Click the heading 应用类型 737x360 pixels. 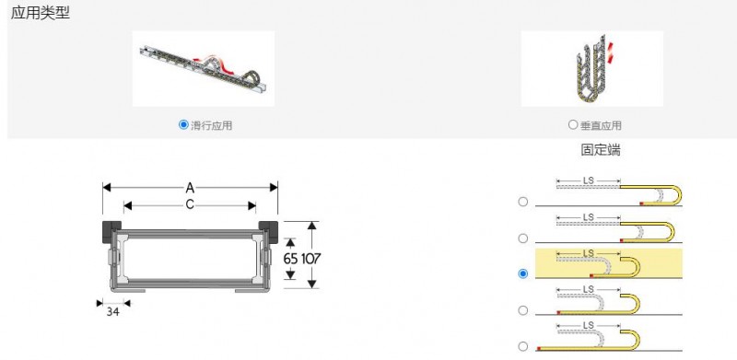[40, 13]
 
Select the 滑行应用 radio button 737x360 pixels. [183, 124]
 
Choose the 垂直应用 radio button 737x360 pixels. [572, 124]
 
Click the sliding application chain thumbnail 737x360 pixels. [204, 69]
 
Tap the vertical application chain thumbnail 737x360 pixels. [591, 69]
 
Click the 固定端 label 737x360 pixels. [601, 150]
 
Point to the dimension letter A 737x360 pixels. [190, 188]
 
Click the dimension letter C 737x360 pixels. [190, 205]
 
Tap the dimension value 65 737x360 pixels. [290, 259]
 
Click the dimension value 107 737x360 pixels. [310, 259]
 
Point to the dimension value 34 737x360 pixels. [112, 311]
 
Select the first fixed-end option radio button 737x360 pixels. [522, 202]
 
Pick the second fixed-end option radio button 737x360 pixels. [522, 238]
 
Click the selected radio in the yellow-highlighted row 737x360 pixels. [522, 273]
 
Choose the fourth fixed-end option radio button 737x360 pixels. [522, 310]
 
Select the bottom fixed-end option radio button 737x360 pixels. [522, 346]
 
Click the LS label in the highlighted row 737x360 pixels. [589, 253]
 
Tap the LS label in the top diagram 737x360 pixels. [589, 180]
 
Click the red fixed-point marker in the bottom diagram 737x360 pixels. [539, 348]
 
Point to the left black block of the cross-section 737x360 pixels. [111, 231]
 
